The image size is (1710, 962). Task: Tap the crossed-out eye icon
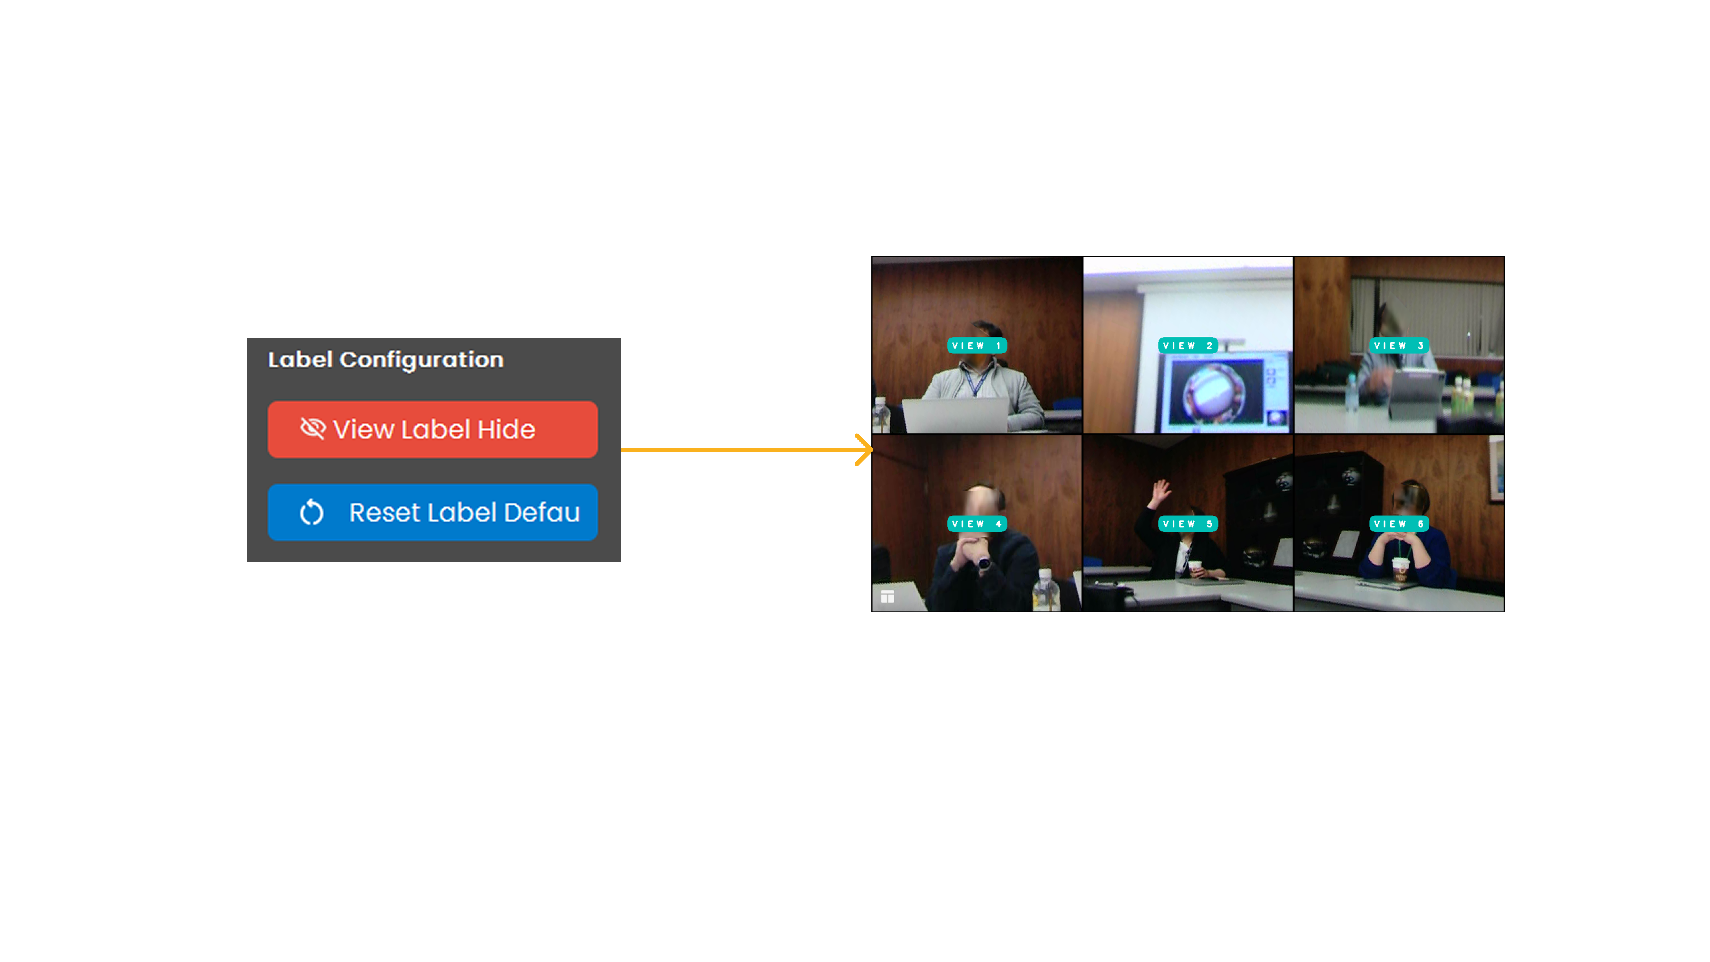pos(312,428)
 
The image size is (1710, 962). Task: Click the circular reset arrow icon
pos(311,512)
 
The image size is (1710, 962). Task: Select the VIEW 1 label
pos(977,345)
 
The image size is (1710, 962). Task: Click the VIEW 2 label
pos(1188,345)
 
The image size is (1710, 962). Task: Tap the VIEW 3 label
pos(1399,345)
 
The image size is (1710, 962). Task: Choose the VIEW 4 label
pos(977,524)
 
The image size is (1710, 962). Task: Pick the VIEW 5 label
pos(1188,524)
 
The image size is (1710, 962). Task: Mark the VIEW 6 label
pos(1399,524)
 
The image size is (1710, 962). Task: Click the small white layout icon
pos(888,596)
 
